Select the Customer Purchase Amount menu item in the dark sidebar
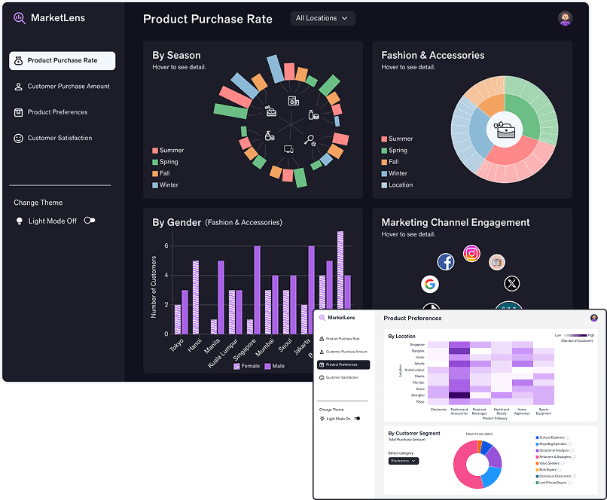68,87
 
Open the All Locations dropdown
322,18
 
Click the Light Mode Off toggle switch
90,221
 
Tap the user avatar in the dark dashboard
565,18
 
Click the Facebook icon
446,261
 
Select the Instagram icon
471,254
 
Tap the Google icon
430,284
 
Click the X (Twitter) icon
513,283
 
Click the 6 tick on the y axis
166,245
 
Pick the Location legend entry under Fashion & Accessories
400,184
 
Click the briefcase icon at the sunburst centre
505,130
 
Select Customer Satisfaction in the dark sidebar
59,139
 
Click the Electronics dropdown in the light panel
403,460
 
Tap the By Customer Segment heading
414,433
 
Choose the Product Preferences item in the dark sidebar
57,112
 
